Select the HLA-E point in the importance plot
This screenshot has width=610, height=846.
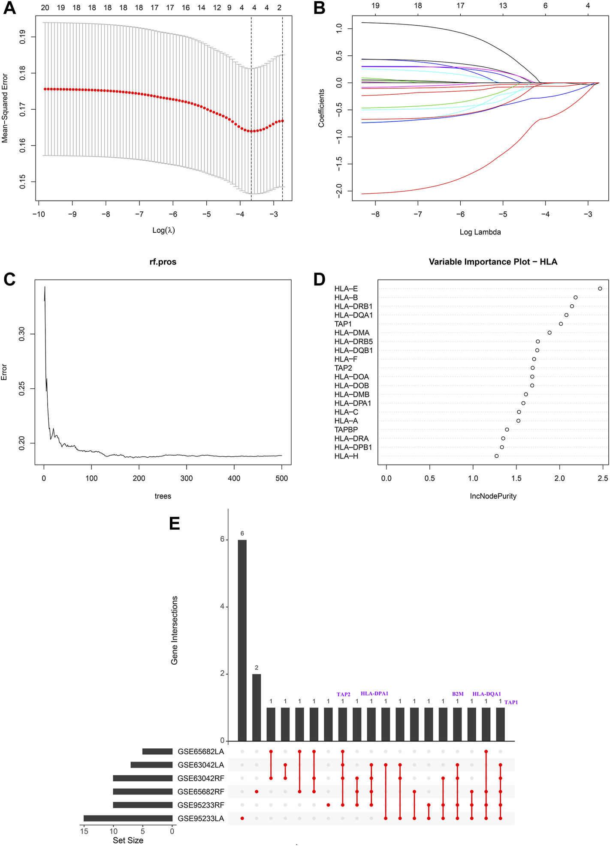point(600,288)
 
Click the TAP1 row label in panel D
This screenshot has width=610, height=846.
point(343,324)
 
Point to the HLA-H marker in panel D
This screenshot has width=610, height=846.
point(496,456)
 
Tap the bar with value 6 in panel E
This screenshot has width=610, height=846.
point(242,640)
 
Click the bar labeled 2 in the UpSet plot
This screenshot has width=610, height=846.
point(257,708)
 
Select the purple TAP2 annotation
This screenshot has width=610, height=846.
point(343,694)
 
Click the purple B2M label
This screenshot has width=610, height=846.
point(458,694)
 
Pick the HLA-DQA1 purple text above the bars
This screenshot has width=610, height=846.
point(486,694)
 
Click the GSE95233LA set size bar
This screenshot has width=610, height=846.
point(128,818)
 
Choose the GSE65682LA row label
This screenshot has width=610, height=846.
point(201,751)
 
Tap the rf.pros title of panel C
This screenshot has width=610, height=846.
point(163,262)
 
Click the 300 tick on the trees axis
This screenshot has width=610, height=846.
point(187,478)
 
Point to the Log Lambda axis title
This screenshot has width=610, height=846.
point(480,232)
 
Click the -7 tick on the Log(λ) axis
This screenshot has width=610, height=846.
point(139,214)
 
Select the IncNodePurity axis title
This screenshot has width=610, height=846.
point(493,496)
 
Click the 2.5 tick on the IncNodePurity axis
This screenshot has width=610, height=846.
point(603,478)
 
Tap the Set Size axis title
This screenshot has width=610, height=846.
point(128,840)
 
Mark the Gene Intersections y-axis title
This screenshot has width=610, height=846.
point(174,630)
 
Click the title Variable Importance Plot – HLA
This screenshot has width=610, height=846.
point(493,262)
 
